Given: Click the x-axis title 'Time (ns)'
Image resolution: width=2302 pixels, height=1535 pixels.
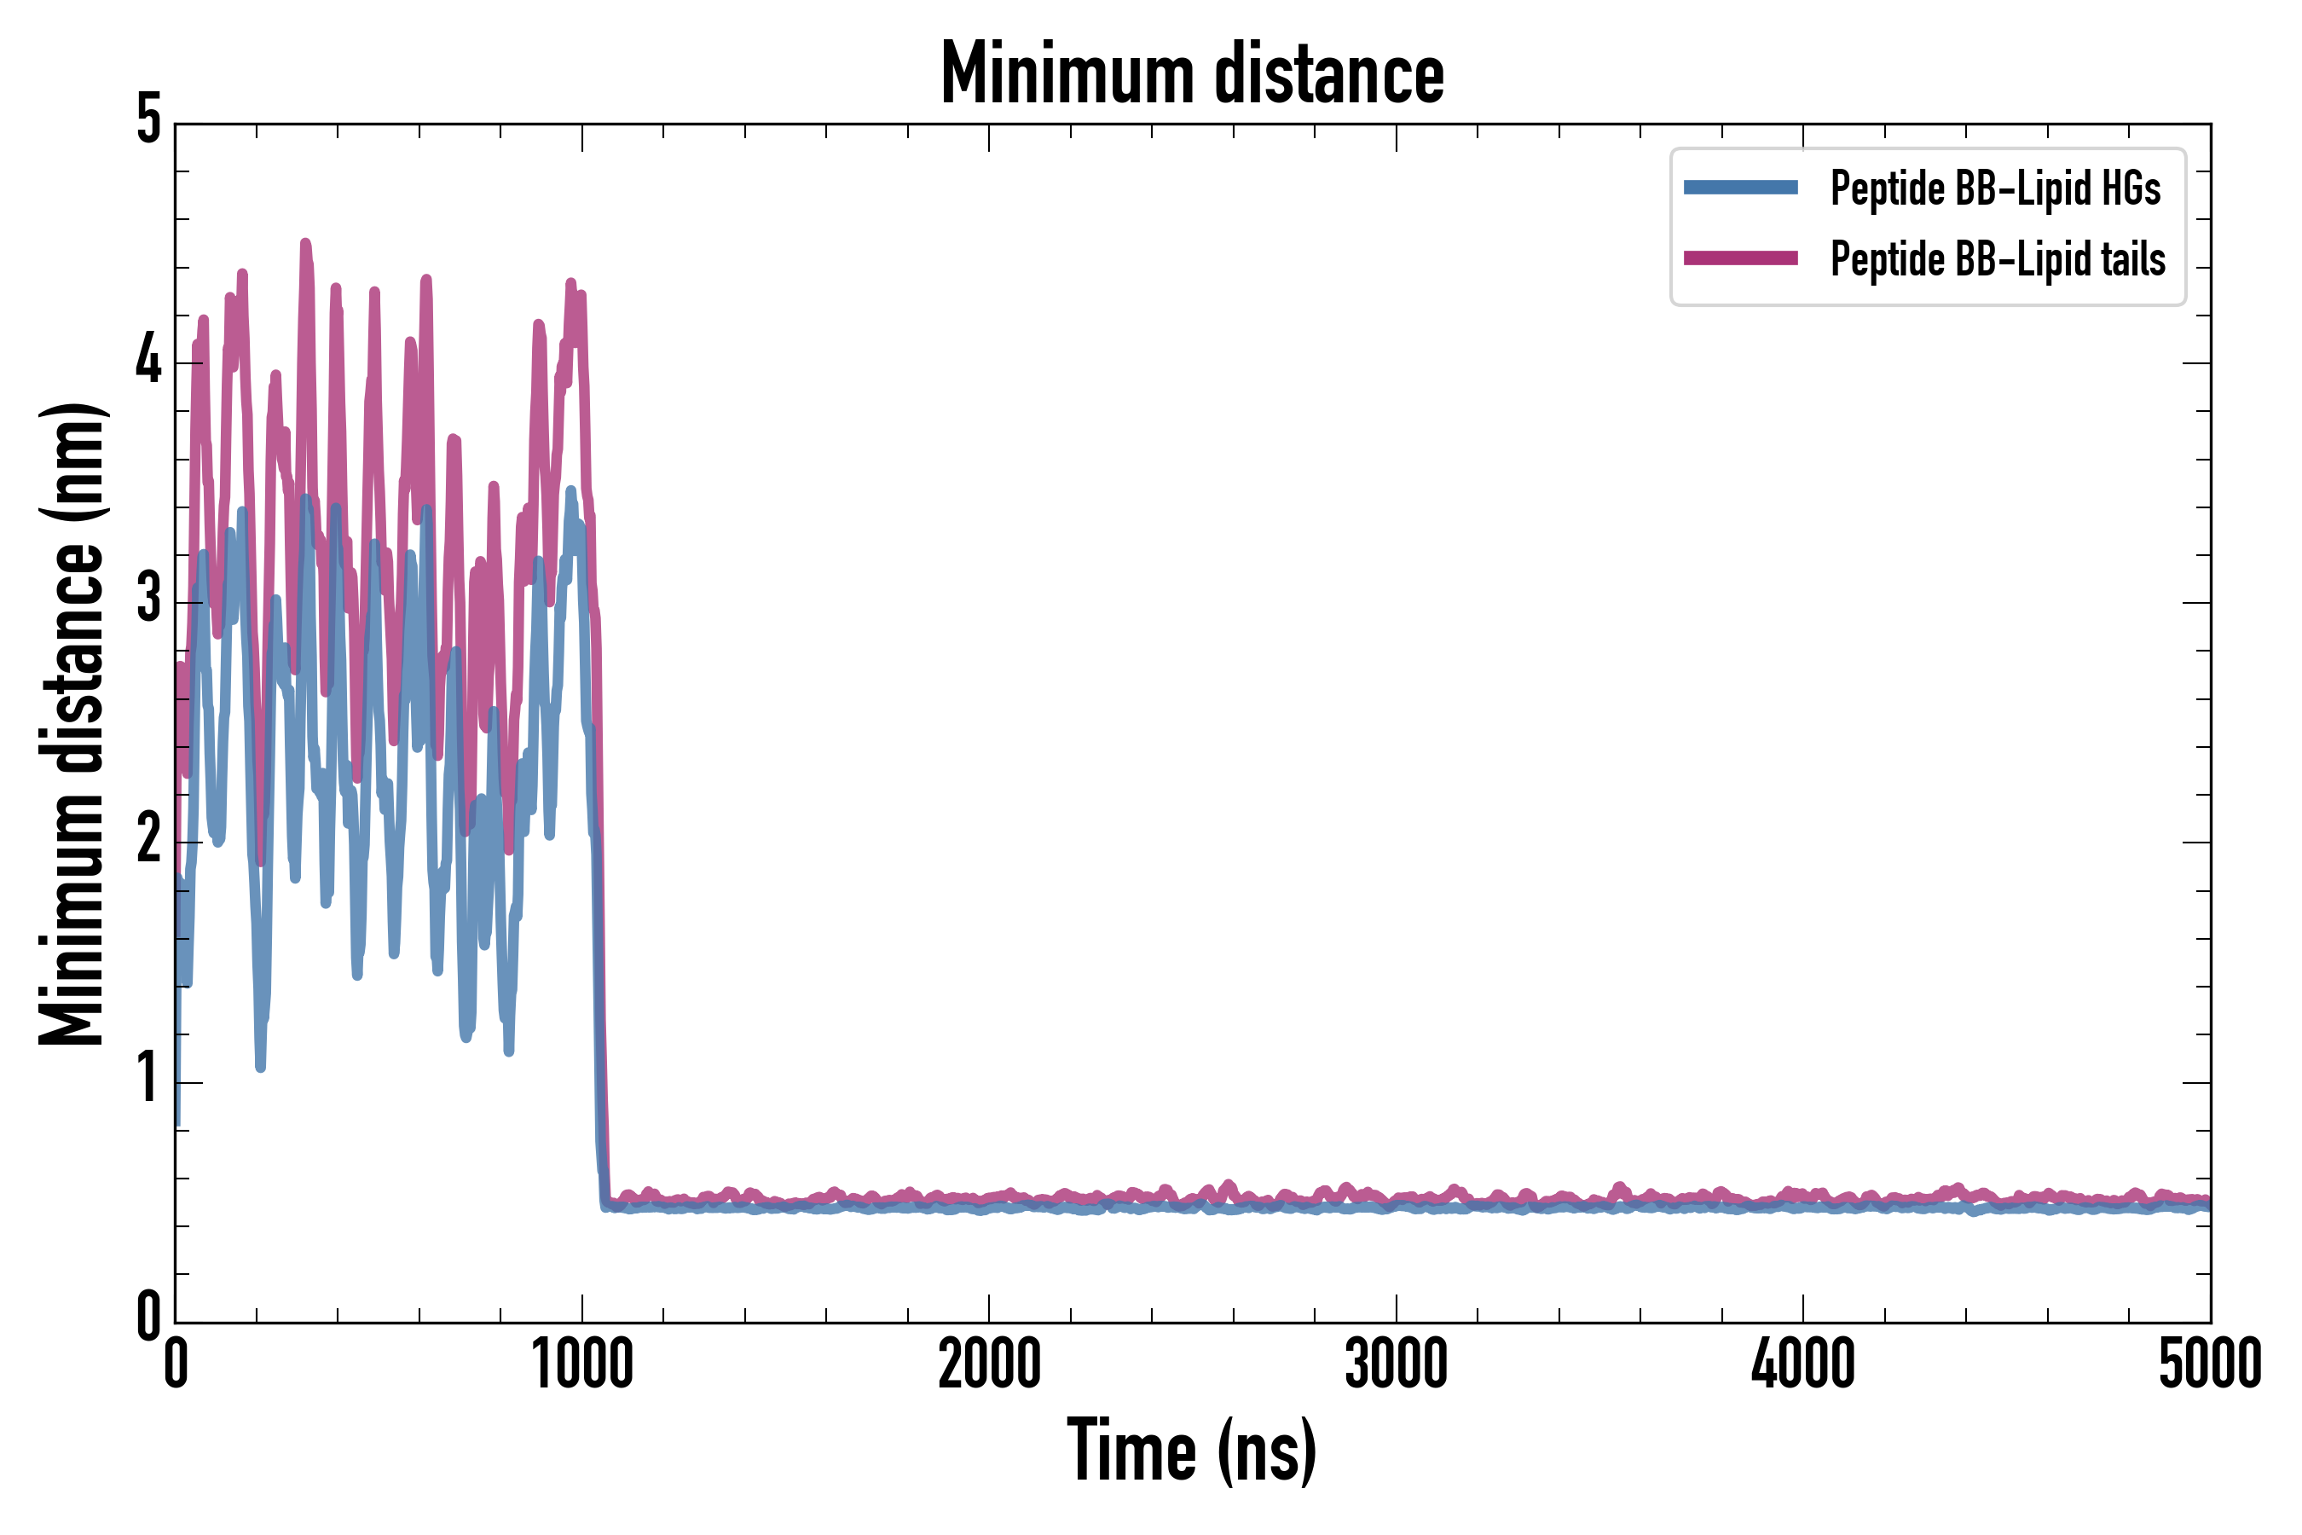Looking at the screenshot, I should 1191,1451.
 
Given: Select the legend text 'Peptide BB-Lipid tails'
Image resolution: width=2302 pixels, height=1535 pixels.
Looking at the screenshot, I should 1998,259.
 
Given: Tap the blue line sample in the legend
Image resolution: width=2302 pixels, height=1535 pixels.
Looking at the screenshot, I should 1740,188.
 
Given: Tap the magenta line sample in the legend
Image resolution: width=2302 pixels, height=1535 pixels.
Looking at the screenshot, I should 1740,258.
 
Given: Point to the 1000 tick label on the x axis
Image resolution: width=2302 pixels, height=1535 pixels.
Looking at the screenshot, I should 582,1364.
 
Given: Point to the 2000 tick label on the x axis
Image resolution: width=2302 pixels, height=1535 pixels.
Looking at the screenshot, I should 988,1364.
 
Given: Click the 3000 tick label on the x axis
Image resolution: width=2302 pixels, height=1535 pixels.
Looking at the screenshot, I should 1396,1364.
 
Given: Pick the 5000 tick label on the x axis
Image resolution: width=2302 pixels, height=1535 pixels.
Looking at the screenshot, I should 2209,1364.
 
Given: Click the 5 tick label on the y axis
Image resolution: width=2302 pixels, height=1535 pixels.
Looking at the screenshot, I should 148,121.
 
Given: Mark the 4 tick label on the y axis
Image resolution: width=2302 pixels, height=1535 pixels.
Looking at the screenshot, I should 148,360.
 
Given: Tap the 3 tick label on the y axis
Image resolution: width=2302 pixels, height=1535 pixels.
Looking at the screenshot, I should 148,600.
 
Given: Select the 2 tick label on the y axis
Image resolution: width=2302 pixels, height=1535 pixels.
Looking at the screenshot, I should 148,839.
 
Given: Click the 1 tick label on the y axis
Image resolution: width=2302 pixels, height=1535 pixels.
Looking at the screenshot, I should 148,1079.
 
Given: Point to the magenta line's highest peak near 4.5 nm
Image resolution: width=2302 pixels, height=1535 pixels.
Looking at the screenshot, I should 305,244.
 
